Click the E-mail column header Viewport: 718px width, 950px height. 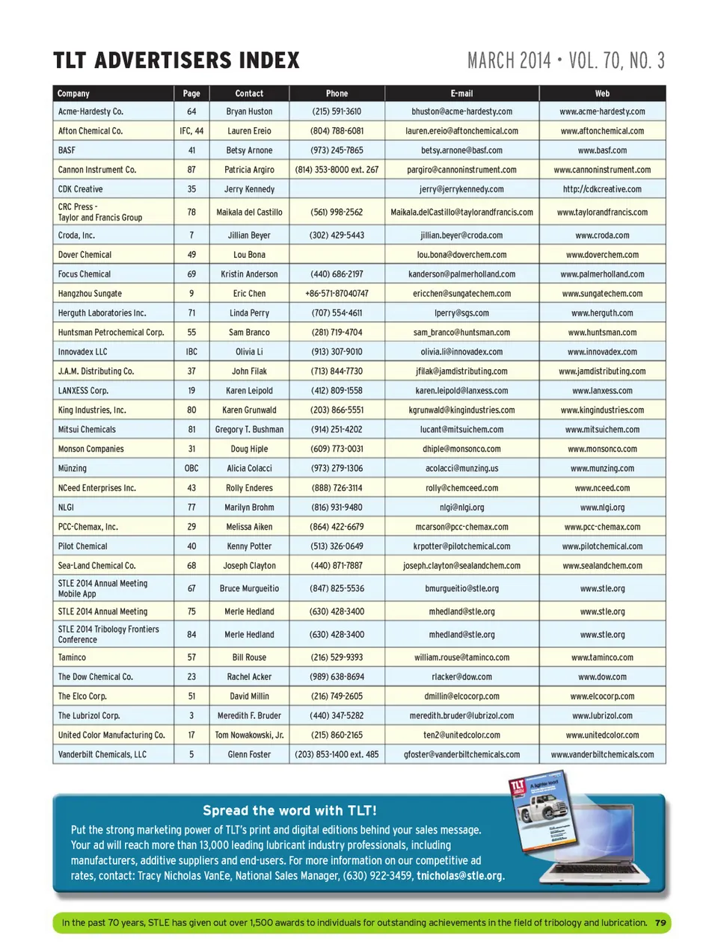coord(461,93)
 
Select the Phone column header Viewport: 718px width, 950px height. coord(337,93)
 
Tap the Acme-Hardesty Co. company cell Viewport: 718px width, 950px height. coord(90,111)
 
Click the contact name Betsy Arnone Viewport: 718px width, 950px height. coord(249,150)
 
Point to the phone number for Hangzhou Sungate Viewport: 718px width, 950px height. coord(337,294)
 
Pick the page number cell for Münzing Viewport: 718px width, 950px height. coord(191,469)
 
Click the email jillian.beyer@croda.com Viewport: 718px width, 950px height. coord(461,235)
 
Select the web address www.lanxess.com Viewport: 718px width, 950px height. coord(602,391)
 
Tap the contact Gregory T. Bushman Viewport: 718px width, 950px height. coord(249,430)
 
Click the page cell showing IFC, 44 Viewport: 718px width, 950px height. coord(191,131)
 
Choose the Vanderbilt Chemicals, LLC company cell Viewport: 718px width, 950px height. coord(102,755)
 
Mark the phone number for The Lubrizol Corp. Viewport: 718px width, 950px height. coord(337,716)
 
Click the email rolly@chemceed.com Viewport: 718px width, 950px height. coord(461,488)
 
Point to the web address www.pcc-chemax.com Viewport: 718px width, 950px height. coord(602,527)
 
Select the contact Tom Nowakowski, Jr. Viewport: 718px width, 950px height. coord(249,735)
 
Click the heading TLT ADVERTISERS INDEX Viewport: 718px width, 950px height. coord(177,61)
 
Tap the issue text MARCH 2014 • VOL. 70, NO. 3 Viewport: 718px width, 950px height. coord(565,61)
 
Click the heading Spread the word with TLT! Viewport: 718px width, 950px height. coord(289,811)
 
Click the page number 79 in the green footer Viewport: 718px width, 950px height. coord(660,923)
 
